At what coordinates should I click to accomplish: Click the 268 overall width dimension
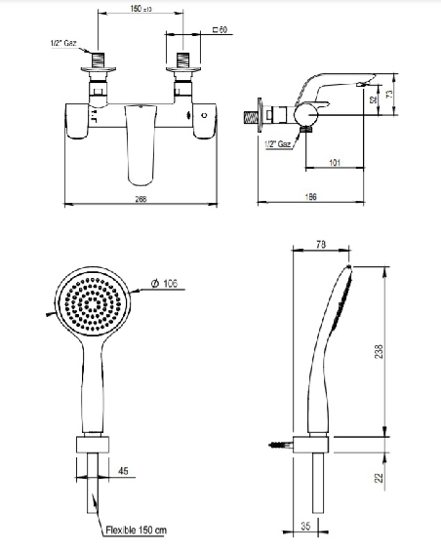(x=140, y=199)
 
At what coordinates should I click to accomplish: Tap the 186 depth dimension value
(x=310, y=196)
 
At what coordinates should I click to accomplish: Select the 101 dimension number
(x=335, y=163)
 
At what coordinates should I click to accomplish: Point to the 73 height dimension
(x=389, y=94)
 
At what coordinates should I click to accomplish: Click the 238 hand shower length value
(x=379, y=351)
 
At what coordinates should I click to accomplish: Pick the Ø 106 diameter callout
(x=164, y=283)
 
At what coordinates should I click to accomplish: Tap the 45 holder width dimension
(x=123, y=471)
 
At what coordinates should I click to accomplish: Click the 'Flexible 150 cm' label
(x=137, y=530)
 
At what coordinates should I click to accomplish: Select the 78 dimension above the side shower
(x=321, y=245)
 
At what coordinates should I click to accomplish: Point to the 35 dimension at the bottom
(x=305, y=526)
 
